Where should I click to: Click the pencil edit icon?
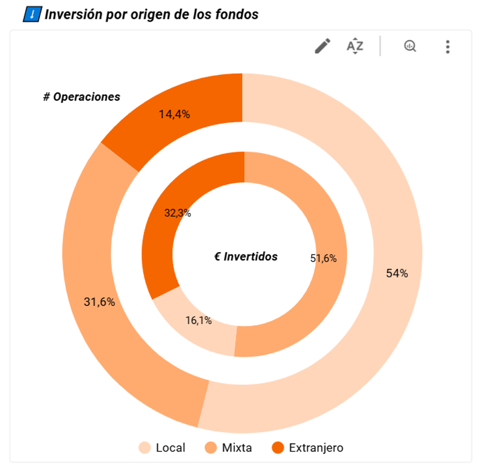click(322, 46)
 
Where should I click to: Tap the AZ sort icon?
click(355, 46)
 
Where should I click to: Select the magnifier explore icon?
click(410, 46)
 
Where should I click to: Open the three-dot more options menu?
click(448, 46)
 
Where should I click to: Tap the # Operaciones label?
click(81, 97)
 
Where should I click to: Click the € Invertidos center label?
click(246, 256)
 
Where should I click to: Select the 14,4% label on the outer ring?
click(174, 114)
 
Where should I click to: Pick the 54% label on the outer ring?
click(397, 273)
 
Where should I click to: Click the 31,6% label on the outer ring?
click(99, 302)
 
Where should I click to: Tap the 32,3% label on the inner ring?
click(177, 213)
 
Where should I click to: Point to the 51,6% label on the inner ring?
click(323, 258)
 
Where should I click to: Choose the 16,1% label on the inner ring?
click(198, 320)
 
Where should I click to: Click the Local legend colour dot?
click(145, 448)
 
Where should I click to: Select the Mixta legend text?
click(237, 448)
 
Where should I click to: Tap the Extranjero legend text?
click(316, 448)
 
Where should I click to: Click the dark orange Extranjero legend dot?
click(278, 448)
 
